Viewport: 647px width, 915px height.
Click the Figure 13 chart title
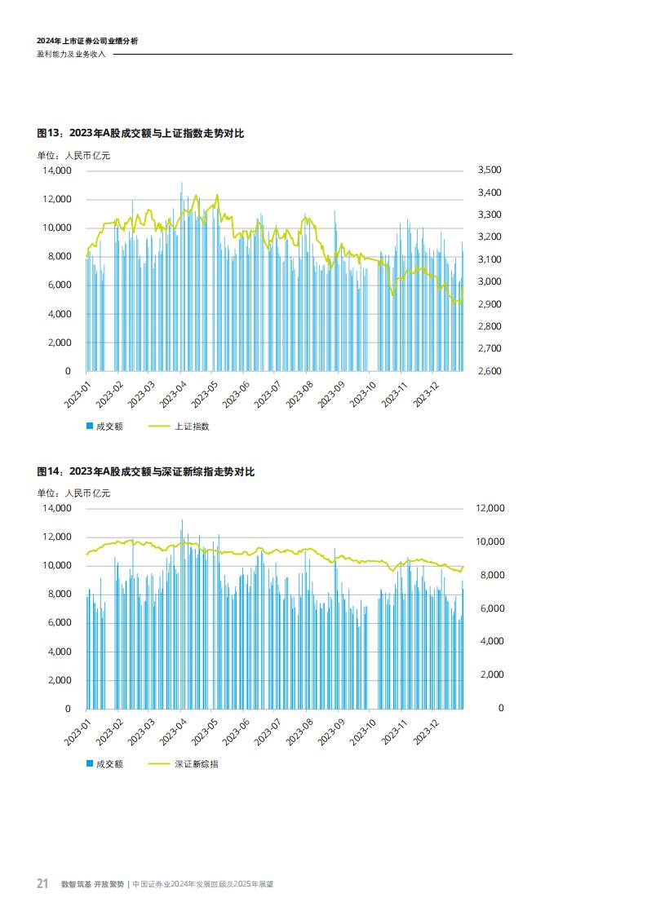[x=140, y=134]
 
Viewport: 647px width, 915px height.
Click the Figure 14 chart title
[x=146, y=472]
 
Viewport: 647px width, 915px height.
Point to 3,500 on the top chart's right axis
[x=487, y=170]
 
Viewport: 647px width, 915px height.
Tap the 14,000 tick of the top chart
[x=56, y=170]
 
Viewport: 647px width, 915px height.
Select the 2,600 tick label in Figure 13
[x=487, y=371]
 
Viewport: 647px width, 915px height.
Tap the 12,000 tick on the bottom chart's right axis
[x=490, y=508]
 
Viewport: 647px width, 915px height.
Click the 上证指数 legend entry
[x=193, y=427]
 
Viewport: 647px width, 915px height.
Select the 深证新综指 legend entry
[x=196, y=764]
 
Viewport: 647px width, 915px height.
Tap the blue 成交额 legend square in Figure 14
[x=90, y=764]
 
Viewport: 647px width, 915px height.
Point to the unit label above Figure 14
[x=73, y=493]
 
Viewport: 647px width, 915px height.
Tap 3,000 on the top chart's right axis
[x=487, y=281]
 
